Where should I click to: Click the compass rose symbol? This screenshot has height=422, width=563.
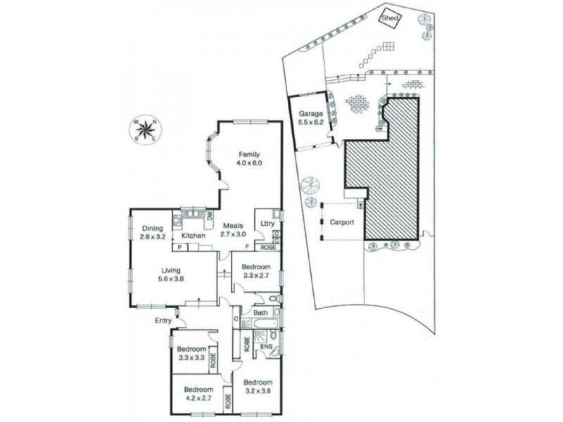pos(146,130)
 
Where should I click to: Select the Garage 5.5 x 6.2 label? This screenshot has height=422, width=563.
pos(310,117)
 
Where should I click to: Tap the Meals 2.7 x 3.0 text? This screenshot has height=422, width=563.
pos(234,230)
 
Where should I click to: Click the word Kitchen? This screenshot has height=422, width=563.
pos(193,236)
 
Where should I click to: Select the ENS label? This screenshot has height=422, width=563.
pos(267,347)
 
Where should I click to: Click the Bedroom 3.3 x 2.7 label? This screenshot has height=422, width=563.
pos(255,271)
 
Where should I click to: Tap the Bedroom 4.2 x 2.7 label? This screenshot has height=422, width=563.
pos(198,394)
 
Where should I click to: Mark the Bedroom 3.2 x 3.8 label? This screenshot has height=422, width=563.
pos(258,387)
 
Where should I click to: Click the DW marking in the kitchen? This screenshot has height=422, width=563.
pos(209,216)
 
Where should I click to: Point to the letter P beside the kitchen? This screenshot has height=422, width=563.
pos(179,248)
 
